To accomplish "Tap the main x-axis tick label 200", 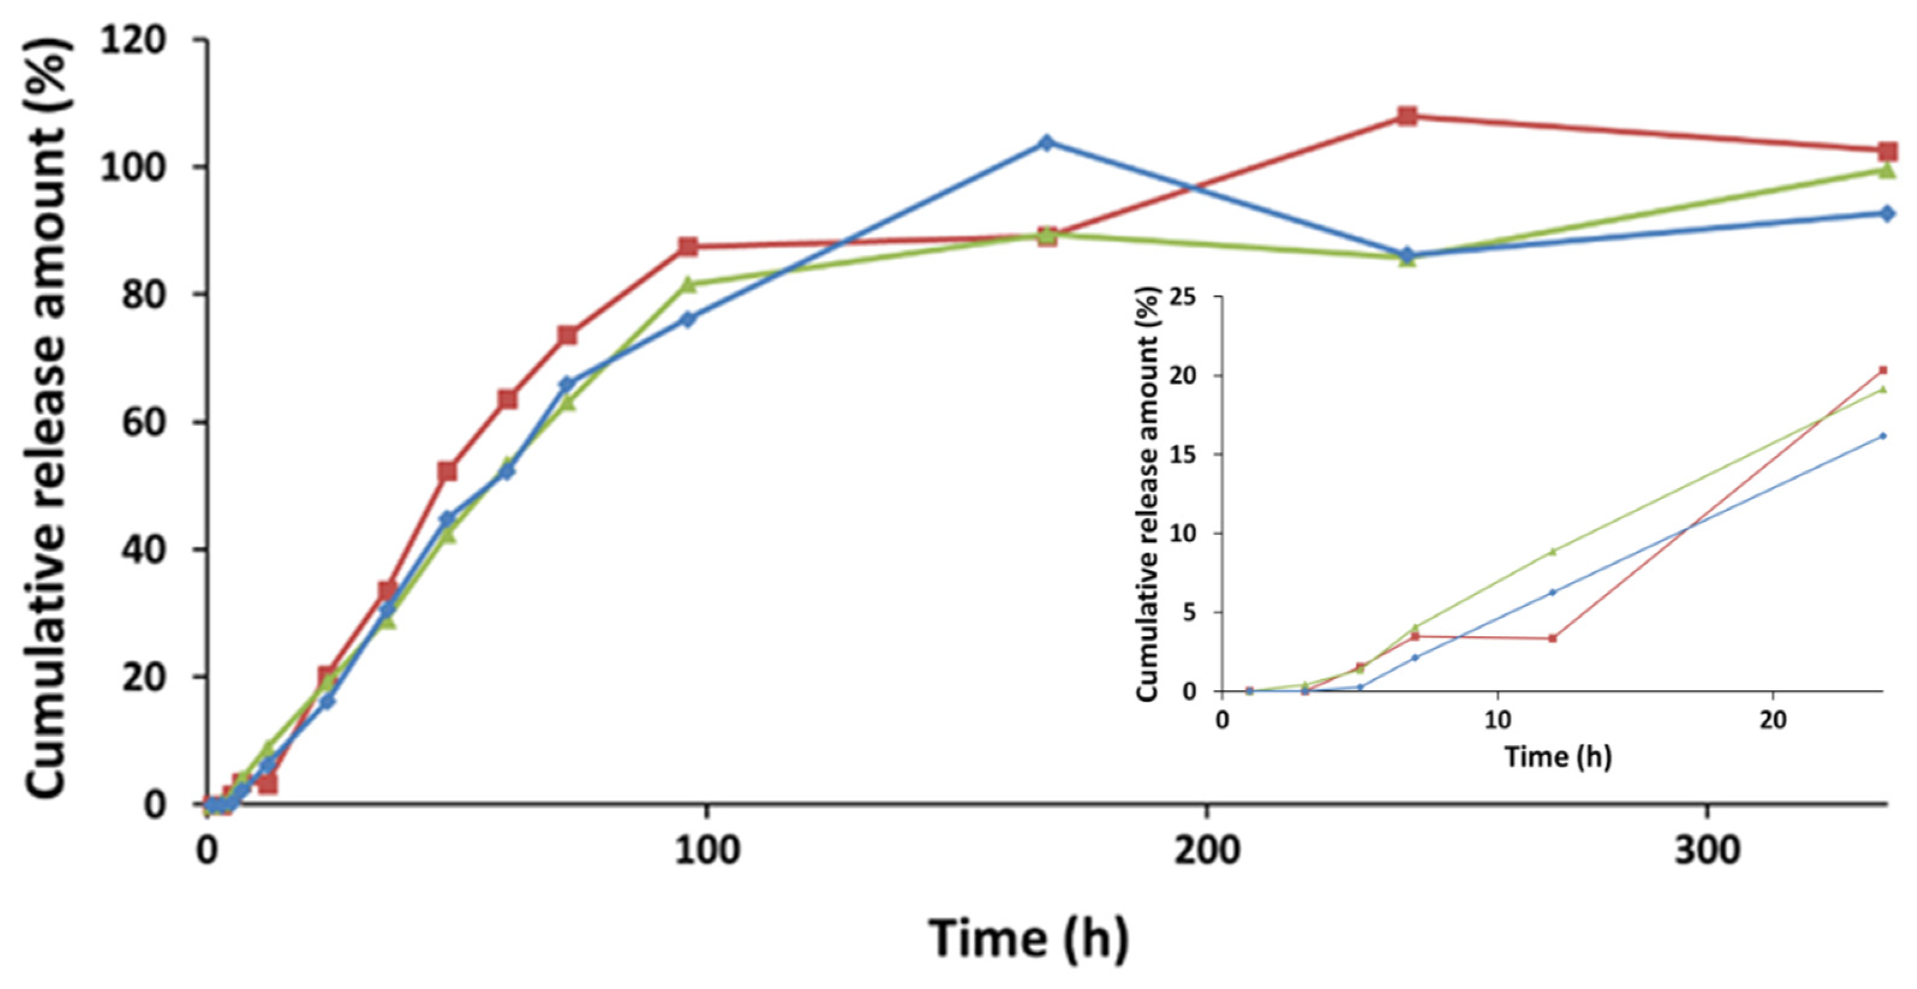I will click(1207, 850).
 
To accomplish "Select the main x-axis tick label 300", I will click(1706, 850).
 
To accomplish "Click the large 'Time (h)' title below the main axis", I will click(1028, 939).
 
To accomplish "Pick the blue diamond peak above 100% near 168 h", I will click(1046, 142).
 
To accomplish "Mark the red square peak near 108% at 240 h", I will click(1407, 115).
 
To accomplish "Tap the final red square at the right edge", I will click(1887, 152).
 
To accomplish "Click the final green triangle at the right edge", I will click(1887, 171).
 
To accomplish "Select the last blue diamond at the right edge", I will click(1887, 214).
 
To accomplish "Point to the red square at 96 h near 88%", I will click(688, 246).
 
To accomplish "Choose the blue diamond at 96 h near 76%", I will click(688, 319).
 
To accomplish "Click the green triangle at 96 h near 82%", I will click(688, 284).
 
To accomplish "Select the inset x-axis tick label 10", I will click(1497, 721).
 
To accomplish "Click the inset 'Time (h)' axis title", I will click(1558, 757).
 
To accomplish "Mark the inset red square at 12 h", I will click(1552, 638).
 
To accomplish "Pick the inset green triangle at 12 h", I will click(1552, 551).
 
